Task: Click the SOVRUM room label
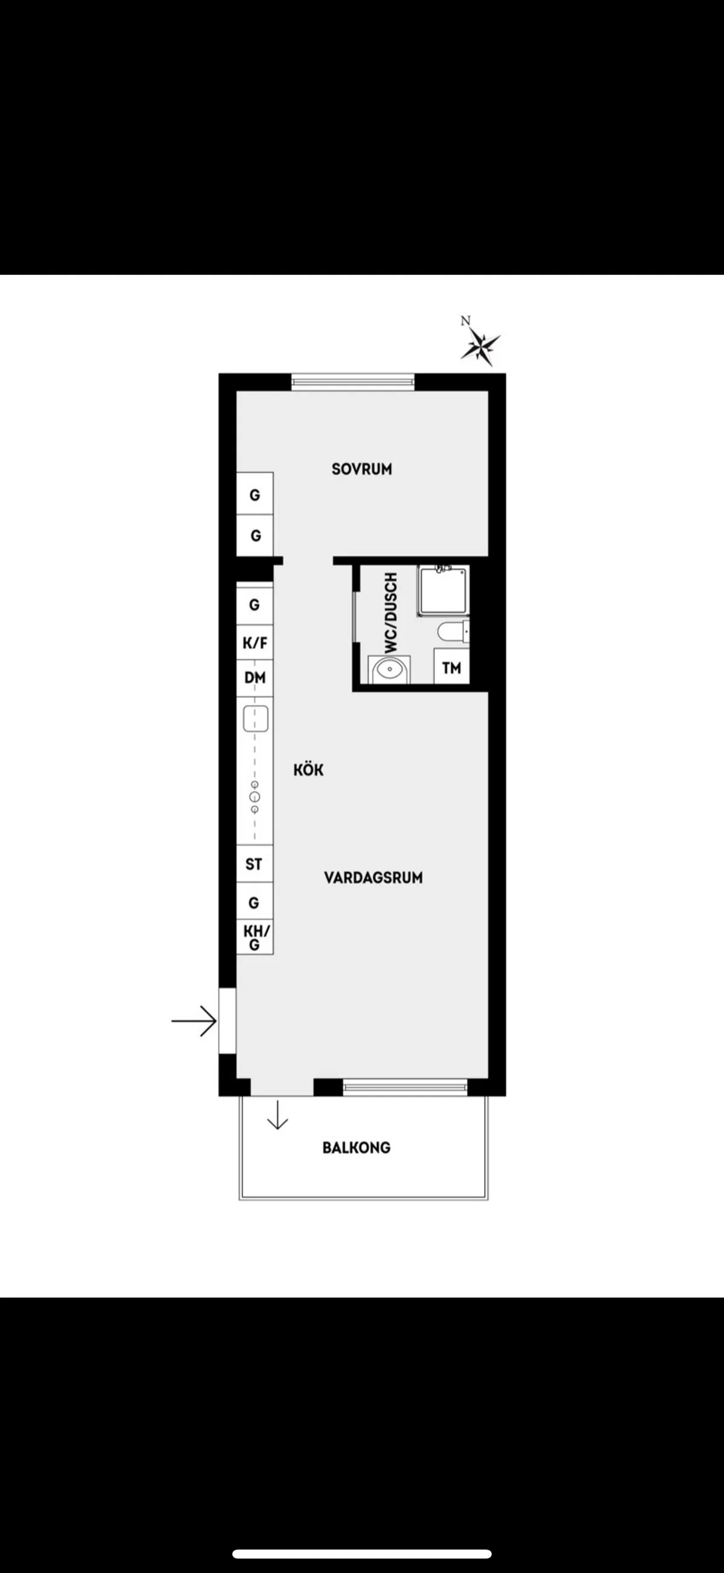click(361, 469)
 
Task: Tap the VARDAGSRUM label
click(373, 877)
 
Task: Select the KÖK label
click(308, 769)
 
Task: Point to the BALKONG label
click(356, 1147)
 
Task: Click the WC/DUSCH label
click(391, 613)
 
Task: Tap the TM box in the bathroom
click(451, 667)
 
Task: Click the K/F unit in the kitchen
click(255, 642)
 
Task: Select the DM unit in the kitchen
click(255, 678)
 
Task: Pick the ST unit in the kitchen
click(254, 863)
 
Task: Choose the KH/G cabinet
click(255, 938)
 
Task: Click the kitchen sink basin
click(256, 719)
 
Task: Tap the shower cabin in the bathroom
click(443, 590)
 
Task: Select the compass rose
click(481, 345)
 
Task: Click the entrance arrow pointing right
click(194, 1020)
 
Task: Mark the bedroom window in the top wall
click(353, 382)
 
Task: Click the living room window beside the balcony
click(405, 1086)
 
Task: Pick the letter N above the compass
click(466, 321)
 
